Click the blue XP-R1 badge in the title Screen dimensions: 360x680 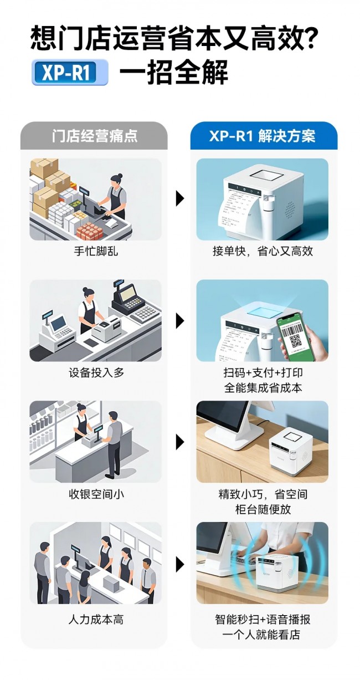coord(70,72)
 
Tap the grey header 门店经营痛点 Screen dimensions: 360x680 coord(94,136)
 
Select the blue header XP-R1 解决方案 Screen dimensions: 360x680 coord(264,136)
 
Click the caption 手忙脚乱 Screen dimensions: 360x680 coord(96,252)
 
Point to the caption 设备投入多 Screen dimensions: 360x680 coord(96,372)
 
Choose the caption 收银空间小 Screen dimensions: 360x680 coord(96,494)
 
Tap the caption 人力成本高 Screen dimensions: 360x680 coord(96,619)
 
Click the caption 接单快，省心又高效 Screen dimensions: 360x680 coord(263,252)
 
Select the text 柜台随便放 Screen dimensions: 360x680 coord(263,509)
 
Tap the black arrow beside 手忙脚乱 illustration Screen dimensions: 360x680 coord(180,199)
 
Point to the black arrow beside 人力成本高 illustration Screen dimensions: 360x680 coord(180,565)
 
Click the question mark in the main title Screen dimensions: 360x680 coord(308,39)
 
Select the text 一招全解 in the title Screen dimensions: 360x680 coord(173,72)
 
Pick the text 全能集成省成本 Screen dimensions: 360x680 coord(263,387)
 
